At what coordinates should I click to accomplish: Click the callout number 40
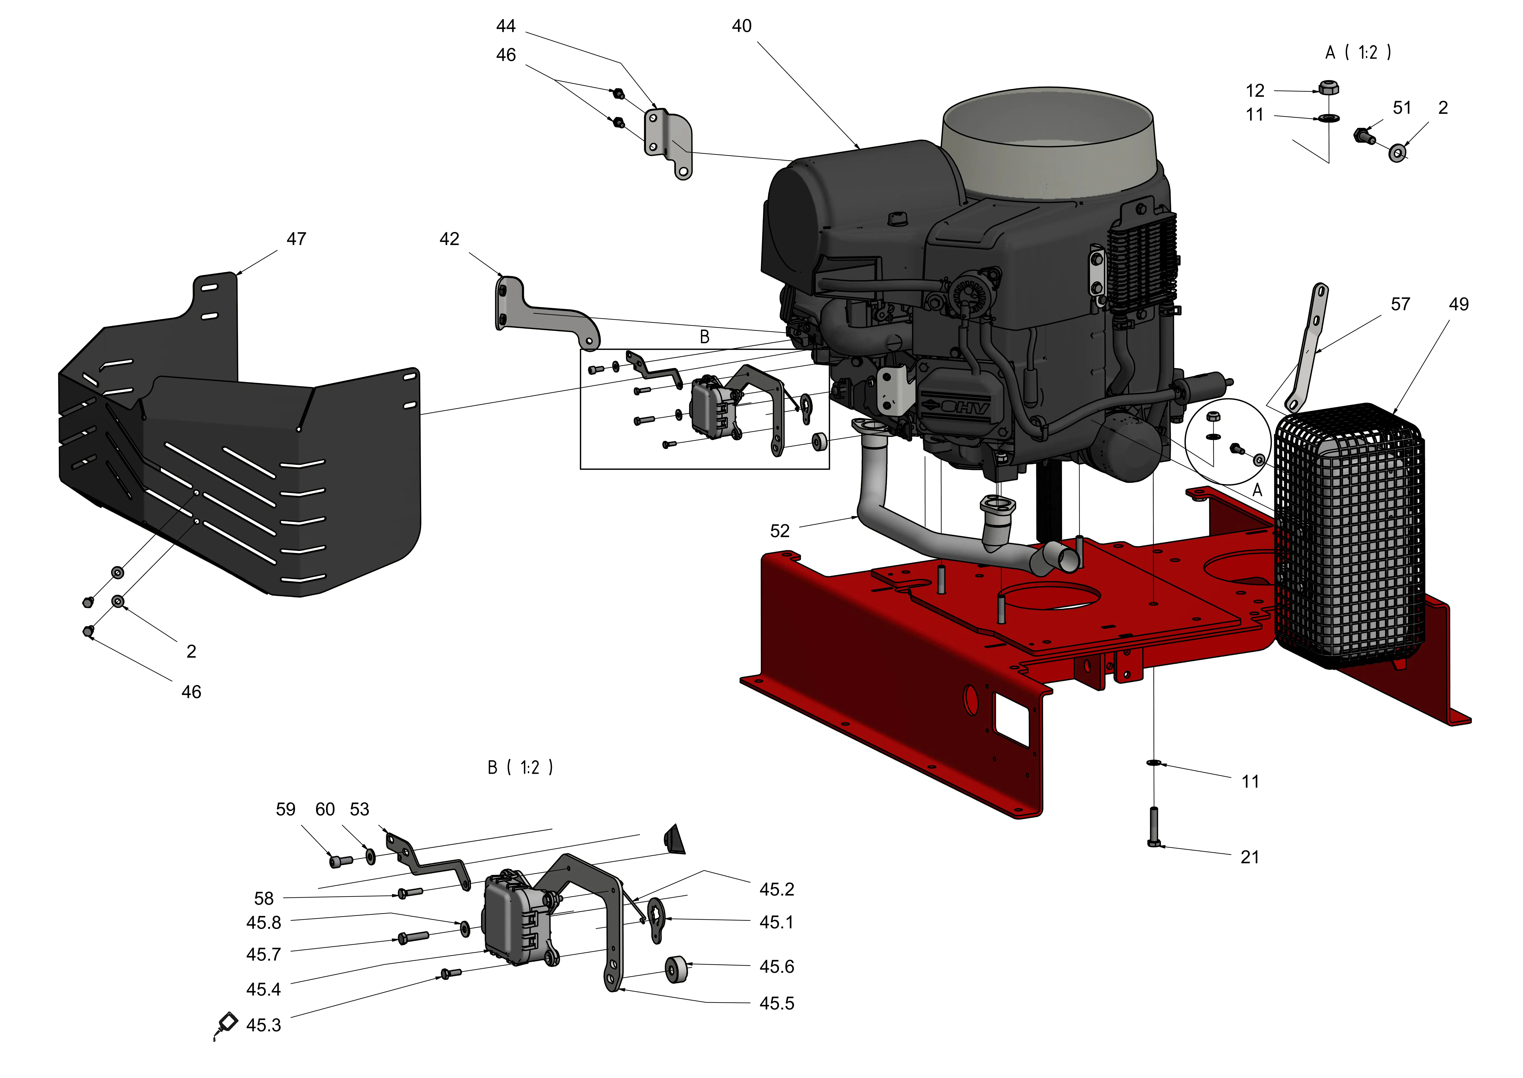[742, 26]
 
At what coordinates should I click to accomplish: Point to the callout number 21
[1250, 857]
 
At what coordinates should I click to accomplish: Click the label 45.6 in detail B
[777, 967]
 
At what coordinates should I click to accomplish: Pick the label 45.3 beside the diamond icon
[263, 1026]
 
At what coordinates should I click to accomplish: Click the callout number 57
[1400, 304]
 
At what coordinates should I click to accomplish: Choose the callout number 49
[1459, 304]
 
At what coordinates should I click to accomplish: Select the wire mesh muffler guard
[1350, 538]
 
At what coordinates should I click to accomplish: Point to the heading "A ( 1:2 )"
[1358, 52]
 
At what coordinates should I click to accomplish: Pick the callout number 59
[285, 809]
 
